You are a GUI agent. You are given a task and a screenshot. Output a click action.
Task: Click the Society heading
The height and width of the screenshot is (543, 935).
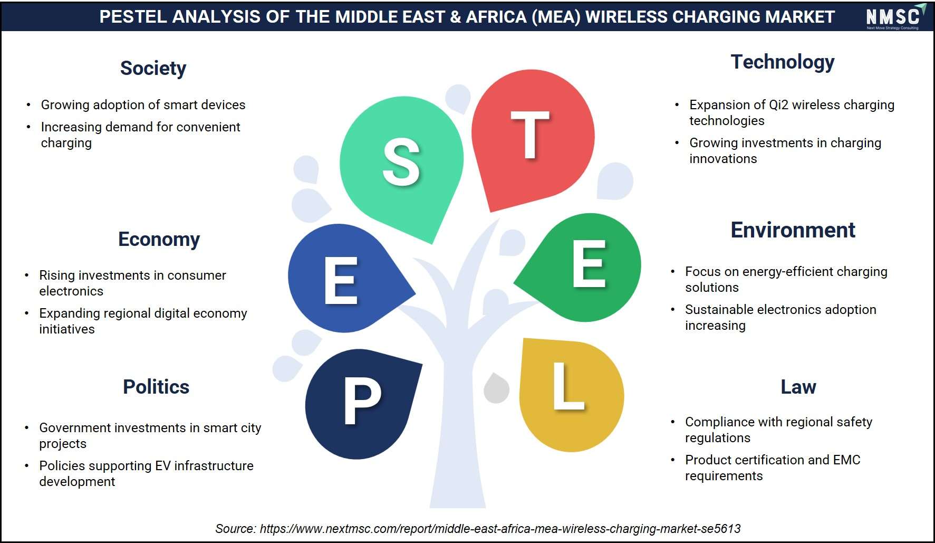[x=153, y=69]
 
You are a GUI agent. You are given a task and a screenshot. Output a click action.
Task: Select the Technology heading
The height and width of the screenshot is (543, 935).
[x=783, y=62]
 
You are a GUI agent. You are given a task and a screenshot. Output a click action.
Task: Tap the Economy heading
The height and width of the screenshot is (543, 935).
[x=159, y=240]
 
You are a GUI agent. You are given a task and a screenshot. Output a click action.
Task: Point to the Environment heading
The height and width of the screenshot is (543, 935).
[x=793, y=230]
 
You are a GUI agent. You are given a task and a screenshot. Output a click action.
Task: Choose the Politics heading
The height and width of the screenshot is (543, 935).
[x=156, y=387]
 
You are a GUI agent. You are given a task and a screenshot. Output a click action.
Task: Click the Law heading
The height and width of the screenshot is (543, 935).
[x=798, y=387]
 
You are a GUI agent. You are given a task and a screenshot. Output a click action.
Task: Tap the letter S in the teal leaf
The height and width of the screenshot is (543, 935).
[x=401, y=162]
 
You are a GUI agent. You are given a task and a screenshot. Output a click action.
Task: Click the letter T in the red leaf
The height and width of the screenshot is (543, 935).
[x=530, y=135]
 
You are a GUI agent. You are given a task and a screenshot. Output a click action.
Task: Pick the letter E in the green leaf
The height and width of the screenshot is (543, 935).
[x=589, y=263]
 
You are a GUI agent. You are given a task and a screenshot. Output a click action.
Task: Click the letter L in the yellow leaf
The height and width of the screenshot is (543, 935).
[x=568, y=386]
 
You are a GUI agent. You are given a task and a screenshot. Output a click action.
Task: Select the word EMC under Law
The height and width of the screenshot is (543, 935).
[x=846, y=460]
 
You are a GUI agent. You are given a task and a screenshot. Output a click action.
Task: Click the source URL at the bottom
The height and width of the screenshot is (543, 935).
[x=500, y=528]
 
